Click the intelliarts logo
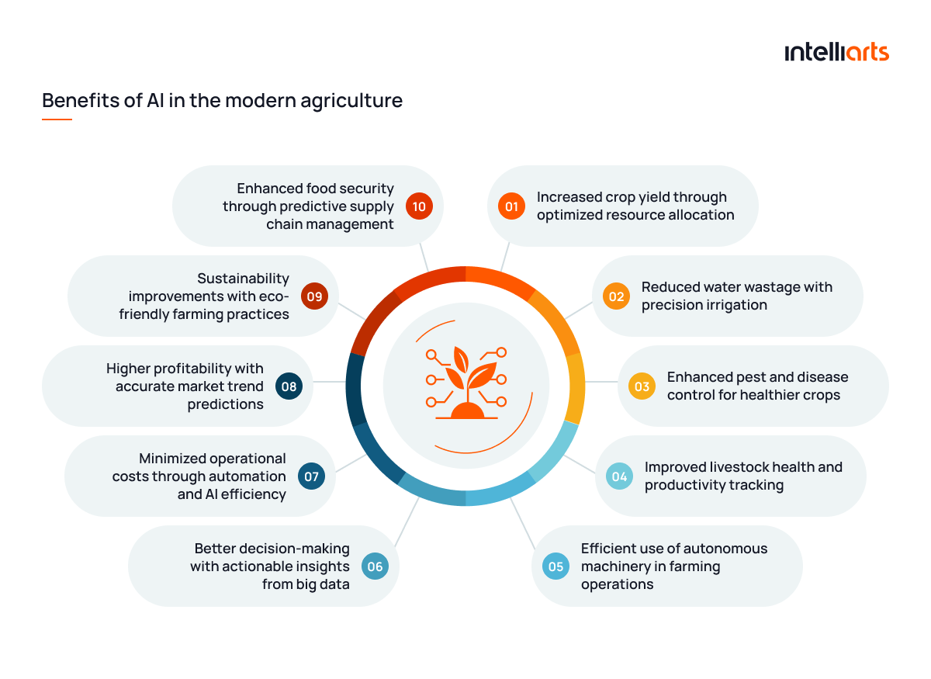(836, 52)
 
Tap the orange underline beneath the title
(57, 120)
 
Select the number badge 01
(511, 206)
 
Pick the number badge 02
(616, 296)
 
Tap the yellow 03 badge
(642, 386)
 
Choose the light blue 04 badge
(619, 476)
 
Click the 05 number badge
(555, 566)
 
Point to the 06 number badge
(375, 566)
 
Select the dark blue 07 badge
(311, 476)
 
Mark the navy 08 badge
(289, 386)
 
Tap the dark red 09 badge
(315, 296)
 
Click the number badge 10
(419, 206)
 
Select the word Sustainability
(243, 279)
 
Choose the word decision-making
(272, 549)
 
